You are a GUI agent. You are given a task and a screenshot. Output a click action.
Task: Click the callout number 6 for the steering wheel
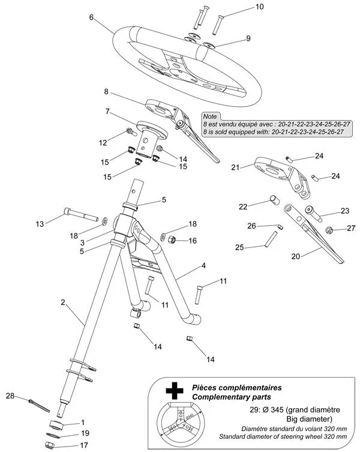coord(91,17)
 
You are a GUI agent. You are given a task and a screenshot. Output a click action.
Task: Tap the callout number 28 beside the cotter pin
coord(10,396)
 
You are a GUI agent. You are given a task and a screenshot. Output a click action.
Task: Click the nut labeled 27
coord(329,230)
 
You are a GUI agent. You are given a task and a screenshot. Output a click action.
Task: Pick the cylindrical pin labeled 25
coord(270,239)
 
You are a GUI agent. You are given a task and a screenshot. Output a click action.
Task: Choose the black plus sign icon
coord(175,391)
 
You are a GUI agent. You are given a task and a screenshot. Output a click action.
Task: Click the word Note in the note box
coord(209,116)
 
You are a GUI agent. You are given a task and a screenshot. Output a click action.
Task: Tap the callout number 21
coord(235,167)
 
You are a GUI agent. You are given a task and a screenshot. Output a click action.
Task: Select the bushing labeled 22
coord(274,200)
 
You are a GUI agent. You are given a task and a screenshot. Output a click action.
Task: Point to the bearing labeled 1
coord(56,425)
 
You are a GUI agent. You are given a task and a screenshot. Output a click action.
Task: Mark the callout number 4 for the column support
coord(203,265)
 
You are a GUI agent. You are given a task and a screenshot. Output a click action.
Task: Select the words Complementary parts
coord(232,397)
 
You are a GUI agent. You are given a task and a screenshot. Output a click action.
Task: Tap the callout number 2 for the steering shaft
coord(63,302)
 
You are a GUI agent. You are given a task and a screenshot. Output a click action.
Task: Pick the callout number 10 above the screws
coord(259,7)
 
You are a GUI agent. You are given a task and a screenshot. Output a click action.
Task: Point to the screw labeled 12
coord(131,132)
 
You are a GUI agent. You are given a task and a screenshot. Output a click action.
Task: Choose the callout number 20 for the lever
coord(295,256)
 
